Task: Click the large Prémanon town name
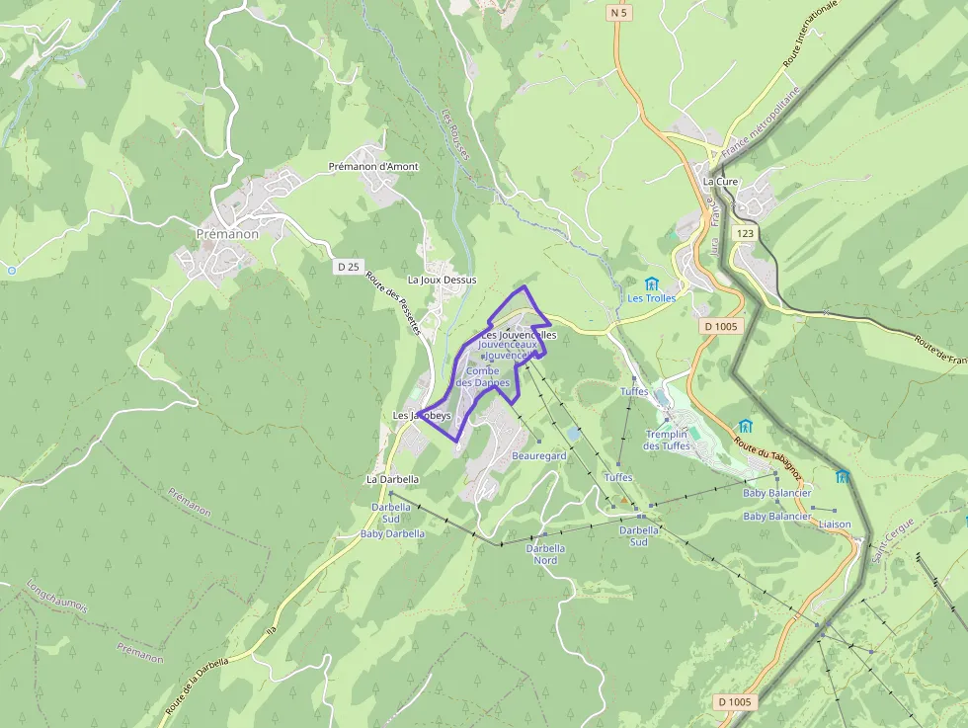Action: (227, 234)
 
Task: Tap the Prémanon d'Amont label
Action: (373, 167)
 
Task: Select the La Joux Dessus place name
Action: (442, 280)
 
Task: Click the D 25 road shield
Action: (348, 267)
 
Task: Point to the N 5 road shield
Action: (619, 13)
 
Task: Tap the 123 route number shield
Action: (744, 233)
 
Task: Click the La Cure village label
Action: (720, 182)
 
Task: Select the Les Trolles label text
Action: (652, 298)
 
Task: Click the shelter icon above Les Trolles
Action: (651, 283)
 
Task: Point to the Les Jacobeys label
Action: (422, 416)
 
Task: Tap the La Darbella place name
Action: (392, 479)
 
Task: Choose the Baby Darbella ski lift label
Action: (392, 533)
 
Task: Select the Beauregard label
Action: (539, 456)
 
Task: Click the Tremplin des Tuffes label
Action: (668, 440)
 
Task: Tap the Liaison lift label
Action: (835, 525)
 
